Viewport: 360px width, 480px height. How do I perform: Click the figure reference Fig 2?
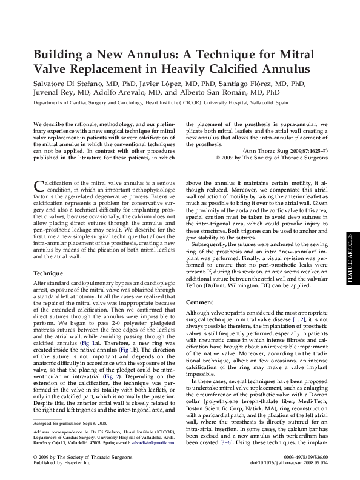click(111, 376)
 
